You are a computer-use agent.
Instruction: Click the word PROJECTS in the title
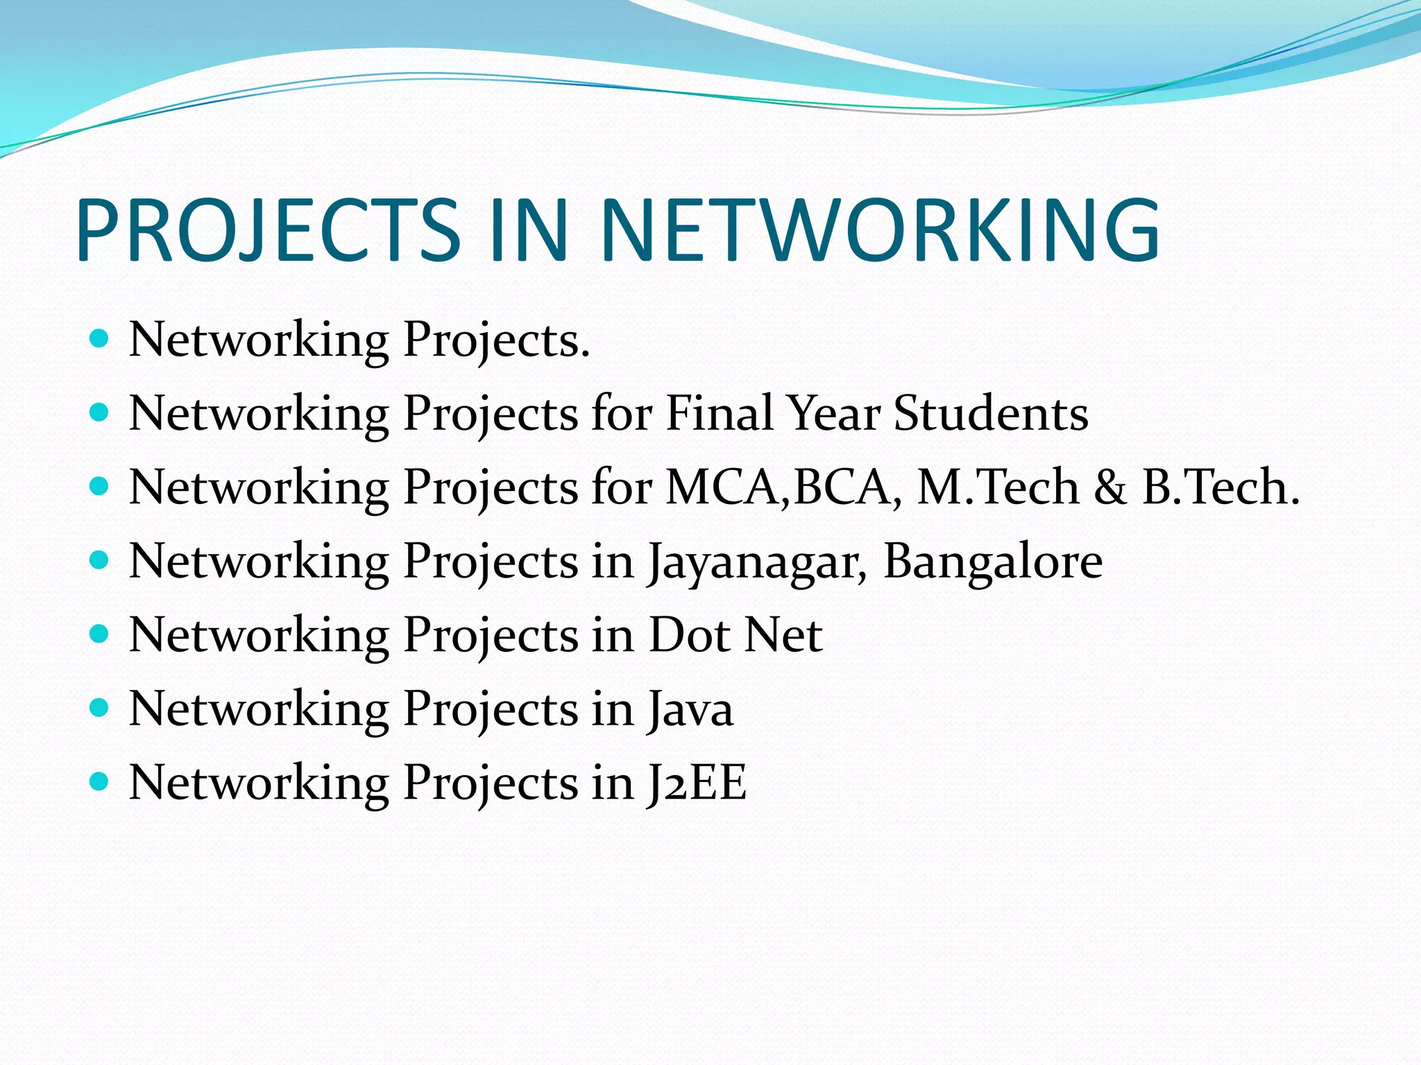pyautogui.click(x=268, y=230)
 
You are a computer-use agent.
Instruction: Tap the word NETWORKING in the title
pyautogui.click(x=880, y=230)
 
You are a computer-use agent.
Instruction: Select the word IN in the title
pyautogui.click(x=529, y=230)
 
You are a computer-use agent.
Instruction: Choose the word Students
pyautogui.click(x=991, y=413)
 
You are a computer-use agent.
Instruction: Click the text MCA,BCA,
pyautogui.click(x=784, y=487)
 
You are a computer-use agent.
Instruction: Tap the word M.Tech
pyautogui.click(x=998, y=487)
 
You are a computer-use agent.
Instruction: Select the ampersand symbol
pyautogui.click(x=1110, y=487)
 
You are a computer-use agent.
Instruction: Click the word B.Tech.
pyautogui.click(x=1221, y=487)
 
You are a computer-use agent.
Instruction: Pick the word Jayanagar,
pyautogui.click(x=757, y=562)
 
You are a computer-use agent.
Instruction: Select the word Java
pyautogui.click(x=690, y=709)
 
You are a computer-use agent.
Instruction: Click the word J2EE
pyautogui.click(x=696, y=783)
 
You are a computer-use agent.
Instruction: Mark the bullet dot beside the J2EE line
pyautogui.click(x=100, y=782)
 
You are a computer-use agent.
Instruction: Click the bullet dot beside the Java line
pyautogui.click(x=100, y=708)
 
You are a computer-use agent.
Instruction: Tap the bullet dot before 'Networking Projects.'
pyautogui.click(x=100, y=339)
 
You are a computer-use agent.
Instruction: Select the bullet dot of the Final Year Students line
pyautogui.click(x=100, y=413)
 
